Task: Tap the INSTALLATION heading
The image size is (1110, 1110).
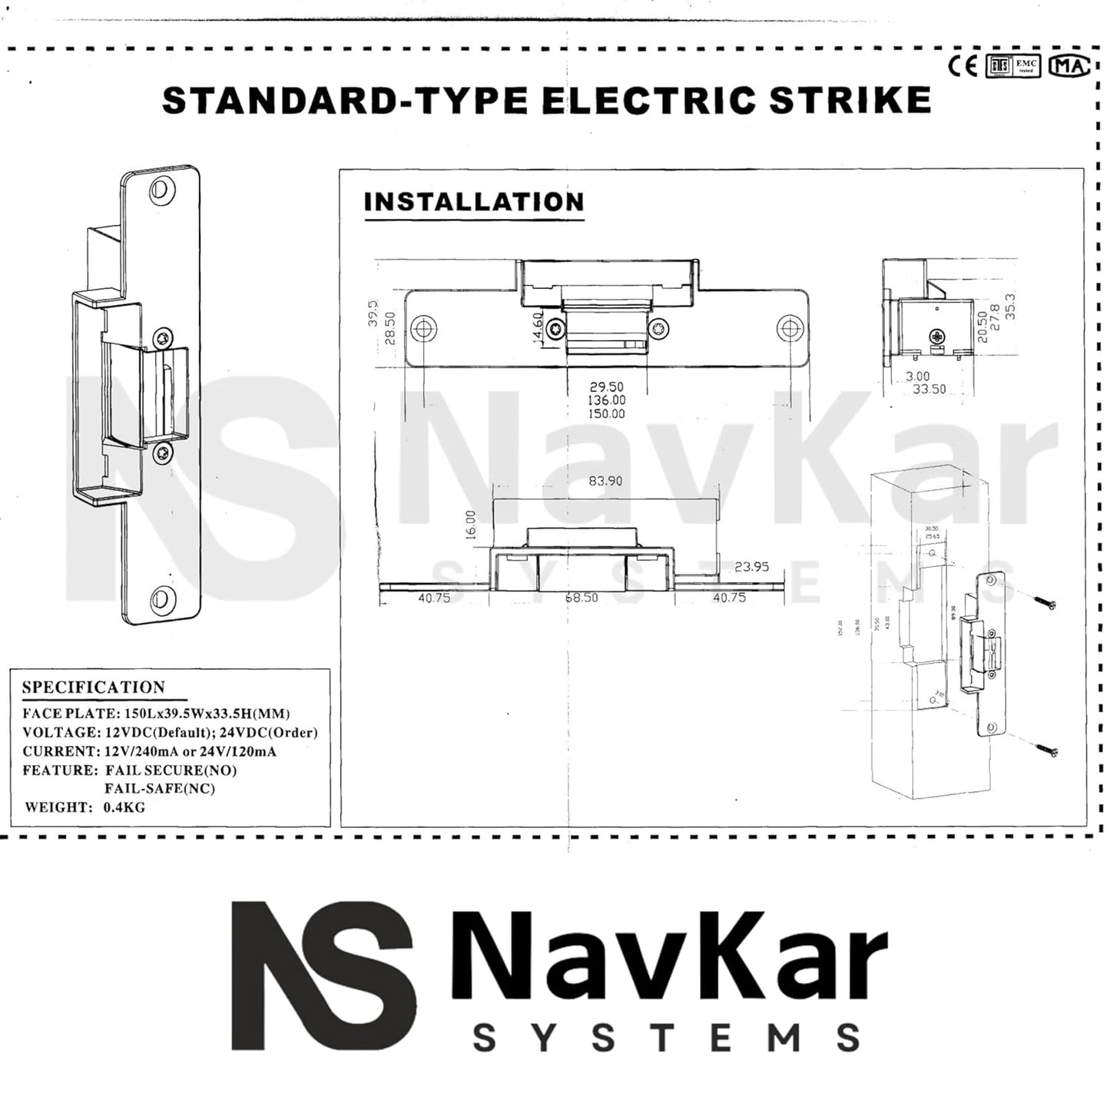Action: [474, 202]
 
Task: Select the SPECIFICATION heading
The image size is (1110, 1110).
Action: [93, 688]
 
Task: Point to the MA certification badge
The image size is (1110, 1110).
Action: [1070, 67]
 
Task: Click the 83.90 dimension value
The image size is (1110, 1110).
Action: [605, 481]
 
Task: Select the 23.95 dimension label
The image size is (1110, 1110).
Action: [750, 567]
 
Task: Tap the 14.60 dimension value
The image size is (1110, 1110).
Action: [538, 328]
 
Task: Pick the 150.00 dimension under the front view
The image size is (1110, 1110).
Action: [606, 414]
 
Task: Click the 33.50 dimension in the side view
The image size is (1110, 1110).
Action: [929, 389]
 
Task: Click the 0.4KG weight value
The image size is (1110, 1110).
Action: [124, 807]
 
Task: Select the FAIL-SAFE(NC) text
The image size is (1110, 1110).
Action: [160, 789]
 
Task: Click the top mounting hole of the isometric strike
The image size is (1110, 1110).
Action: [161, 189]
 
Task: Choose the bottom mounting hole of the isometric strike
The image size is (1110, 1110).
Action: [162, 597]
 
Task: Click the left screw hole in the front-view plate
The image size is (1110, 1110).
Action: [423, 330]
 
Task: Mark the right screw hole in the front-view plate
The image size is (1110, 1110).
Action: [789, 330]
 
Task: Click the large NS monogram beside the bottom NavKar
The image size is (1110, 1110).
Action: [323, 976]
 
